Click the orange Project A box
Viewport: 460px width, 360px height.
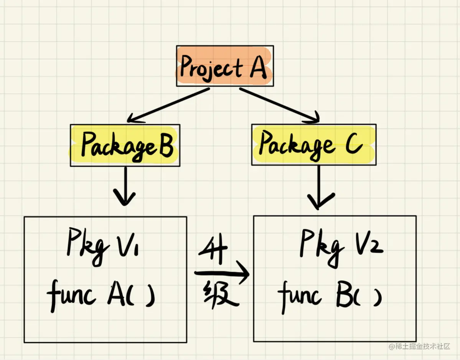coord(225,66)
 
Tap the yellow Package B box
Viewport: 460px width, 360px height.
coord(125,145)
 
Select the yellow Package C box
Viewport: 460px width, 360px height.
coord(313,145)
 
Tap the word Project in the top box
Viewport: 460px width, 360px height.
coord(211,68)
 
